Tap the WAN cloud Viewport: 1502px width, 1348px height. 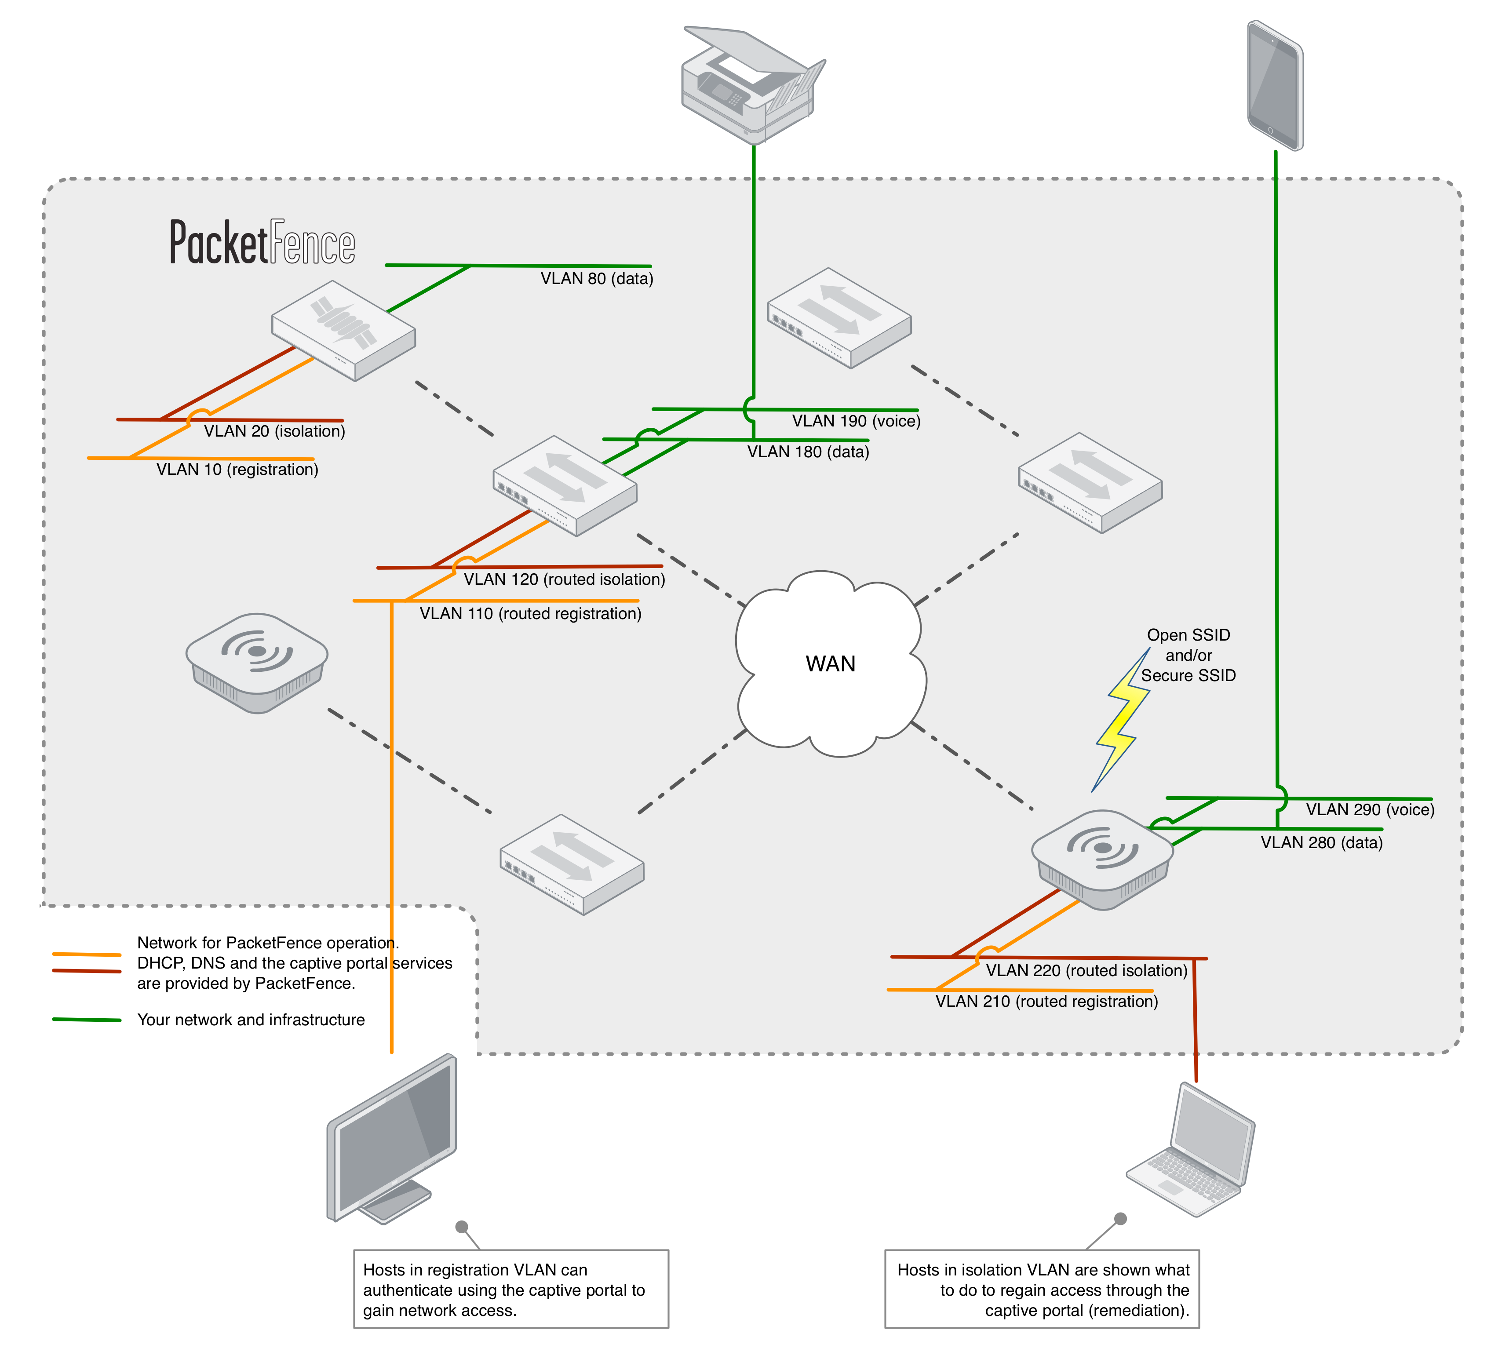click(x=830, y=663)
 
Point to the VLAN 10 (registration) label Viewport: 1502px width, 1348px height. click(x=237, y=470)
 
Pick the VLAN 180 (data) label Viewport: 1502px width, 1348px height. click(x=808, y=452)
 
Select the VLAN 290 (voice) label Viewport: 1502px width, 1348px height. click(x=1369, y=809)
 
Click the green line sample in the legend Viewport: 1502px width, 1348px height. click(x=87, y=1020)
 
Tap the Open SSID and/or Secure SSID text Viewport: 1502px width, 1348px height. click(x=1188, y=656)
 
